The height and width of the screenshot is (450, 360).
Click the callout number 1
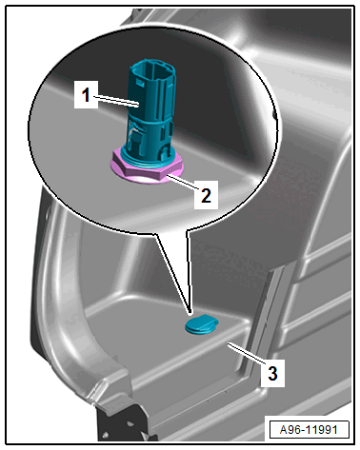[86, 95]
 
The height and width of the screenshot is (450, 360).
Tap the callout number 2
[206, 195]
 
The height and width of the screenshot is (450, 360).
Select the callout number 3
[272, 373]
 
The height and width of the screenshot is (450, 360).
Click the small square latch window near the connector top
[139, 82]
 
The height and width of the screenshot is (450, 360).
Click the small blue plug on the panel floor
[201, 324]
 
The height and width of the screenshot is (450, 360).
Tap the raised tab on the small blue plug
[210, 319]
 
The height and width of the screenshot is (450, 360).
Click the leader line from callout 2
[184, 183]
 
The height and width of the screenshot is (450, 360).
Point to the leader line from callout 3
[247, 354]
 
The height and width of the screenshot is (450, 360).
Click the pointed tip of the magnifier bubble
[190, 314]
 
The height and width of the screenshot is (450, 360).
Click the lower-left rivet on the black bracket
[107, 435]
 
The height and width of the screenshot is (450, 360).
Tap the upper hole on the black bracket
[130, 423]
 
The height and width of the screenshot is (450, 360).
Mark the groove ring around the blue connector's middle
[150, 123]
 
